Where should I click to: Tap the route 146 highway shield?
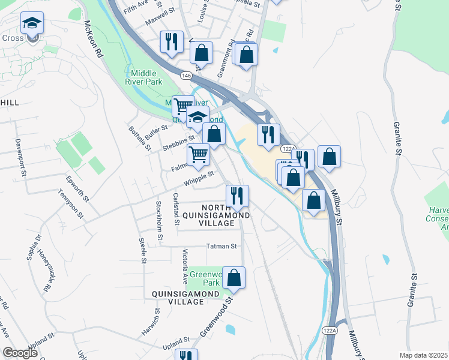click(187, 75)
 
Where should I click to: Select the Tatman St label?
click(221, 246)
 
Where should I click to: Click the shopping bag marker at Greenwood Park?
click(234, 278)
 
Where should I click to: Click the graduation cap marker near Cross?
click(32, 24)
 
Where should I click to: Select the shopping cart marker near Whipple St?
click(198, 155)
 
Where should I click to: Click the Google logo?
click(20, 353)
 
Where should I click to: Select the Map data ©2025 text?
click(423, 355)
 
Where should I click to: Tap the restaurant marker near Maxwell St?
click(172, 42)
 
